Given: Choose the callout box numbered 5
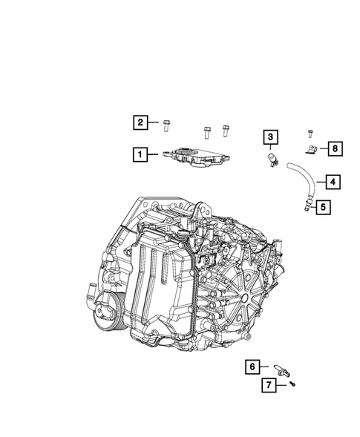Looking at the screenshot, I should [x=324, y=208].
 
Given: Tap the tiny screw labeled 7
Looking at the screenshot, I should [x=292, y=384].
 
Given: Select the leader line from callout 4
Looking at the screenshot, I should [x=316, y=181].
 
